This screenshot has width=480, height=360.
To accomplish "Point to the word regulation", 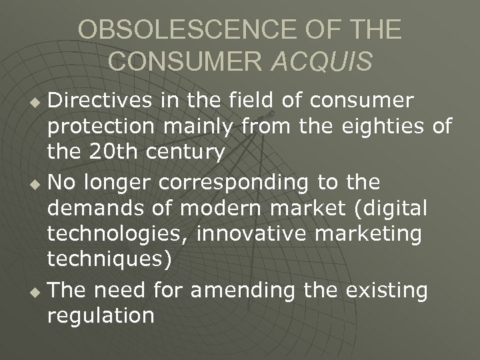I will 100,315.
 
